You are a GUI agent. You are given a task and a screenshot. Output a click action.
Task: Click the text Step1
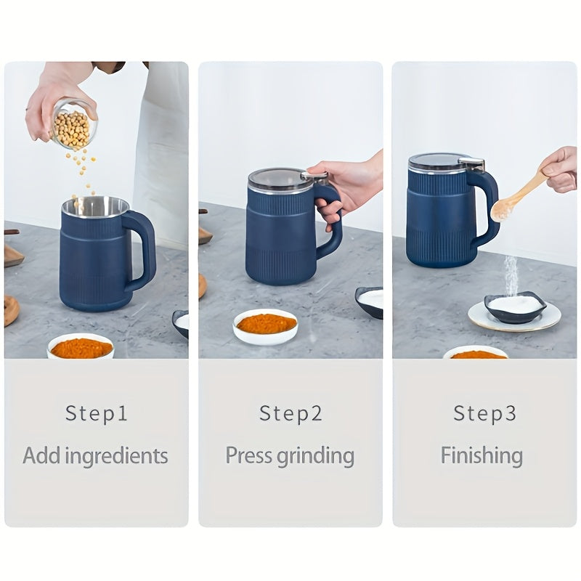97,413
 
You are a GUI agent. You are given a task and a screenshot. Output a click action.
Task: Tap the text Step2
290,413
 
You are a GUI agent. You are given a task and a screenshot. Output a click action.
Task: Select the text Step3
484,413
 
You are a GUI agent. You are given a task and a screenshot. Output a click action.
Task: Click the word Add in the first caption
41,455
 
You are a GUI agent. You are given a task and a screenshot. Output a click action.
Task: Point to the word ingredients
117,458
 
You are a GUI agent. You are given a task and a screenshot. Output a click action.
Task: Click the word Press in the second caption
248,455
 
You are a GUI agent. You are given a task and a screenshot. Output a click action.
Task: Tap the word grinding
316,458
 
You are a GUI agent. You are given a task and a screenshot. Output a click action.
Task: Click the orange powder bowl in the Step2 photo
265,326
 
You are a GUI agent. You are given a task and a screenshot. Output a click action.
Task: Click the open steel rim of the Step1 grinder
96,207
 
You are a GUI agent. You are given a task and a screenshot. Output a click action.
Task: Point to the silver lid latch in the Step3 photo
472,164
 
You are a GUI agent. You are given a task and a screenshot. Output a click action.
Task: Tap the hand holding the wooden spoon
560,168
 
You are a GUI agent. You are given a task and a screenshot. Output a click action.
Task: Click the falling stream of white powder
511,275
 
